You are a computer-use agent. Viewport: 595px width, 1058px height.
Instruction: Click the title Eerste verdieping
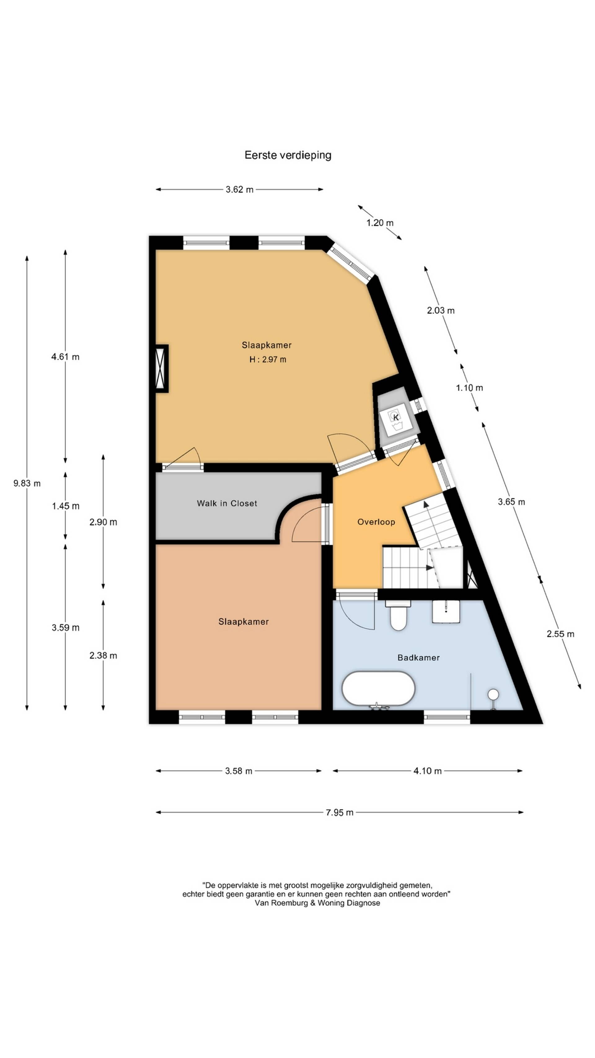tap(288, 155)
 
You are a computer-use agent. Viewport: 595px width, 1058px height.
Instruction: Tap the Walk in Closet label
tap(227, 503)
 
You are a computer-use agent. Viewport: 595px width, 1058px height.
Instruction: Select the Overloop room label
tap(376, 522)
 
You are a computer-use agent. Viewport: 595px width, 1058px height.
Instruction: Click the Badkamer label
tap(418, 657)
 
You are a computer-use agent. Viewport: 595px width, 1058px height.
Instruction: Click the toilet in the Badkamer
tap(398, 614)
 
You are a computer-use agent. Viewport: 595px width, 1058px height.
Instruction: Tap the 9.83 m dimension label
tap(27, 483)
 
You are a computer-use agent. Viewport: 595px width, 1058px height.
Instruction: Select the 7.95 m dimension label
tap(340, 812)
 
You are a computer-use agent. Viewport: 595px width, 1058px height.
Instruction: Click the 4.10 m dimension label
tap(427, 771)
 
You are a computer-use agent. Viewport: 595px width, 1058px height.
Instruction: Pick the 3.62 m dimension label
tap(240, 189)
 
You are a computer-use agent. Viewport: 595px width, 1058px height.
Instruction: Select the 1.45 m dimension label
tap(66, 506)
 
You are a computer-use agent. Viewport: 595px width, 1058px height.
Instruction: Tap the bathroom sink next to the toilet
tap(446, 612)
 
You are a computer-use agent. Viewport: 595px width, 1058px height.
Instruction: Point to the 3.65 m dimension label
tap(511, 502)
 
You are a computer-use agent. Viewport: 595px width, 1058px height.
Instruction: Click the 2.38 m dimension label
tap(103, 656)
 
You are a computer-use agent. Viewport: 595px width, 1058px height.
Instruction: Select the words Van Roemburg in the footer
tap(279, 903)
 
